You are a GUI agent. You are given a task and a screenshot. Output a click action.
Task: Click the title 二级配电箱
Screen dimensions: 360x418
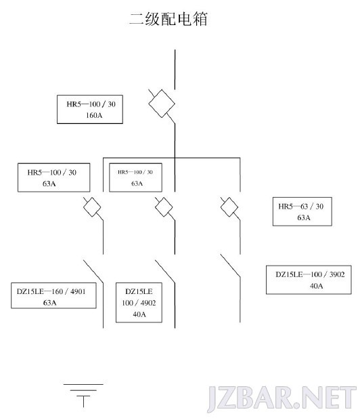168,19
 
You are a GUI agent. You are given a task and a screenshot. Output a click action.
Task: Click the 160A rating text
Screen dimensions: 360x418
94,115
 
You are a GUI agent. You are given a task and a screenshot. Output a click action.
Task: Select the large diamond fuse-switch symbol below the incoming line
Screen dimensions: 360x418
162,104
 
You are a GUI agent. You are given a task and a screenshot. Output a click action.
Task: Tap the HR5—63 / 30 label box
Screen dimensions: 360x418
302,211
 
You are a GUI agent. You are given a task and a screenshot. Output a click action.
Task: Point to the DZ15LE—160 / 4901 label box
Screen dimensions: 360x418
53,295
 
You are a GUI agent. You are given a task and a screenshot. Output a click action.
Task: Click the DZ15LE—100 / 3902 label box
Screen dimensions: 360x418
309,280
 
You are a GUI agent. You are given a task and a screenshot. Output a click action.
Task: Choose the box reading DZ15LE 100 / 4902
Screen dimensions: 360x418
139,303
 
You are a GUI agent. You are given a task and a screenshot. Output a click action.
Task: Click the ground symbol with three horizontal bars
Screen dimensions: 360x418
83,396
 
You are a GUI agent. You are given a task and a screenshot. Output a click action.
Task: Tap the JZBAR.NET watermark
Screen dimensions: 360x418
282,398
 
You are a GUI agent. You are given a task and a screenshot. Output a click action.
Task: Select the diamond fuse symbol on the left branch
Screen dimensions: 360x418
92,207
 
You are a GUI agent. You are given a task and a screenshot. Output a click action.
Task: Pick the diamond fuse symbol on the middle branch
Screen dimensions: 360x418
164,207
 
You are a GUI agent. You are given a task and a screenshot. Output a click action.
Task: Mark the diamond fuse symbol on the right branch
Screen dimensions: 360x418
229,207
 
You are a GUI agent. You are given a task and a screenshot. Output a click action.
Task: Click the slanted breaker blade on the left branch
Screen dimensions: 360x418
93,271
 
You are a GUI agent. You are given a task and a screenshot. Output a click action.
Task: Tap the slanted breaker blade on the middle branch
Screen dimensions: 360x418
165,271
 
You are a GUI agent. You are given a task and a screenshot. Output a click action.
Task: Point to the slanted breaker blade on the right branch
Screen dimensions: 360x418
230,266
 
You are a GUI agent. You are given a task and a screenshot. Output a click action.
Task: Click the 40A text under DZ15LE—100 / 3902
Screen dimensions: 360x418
316,286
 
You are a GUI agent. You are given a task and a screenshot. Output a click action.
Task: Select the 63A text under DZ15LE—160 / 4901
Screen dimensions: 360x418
49,303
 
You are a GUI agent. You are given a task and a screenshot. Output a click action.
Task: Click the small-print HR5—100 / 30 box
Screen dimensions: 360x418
135,177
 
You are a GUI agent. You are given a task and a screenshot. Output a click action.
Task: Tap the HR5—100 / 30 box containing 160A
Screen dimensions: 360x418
90,109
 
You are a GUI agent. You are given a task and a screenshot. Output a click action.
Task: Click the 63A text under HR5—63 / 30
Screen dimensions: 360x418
304,217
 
